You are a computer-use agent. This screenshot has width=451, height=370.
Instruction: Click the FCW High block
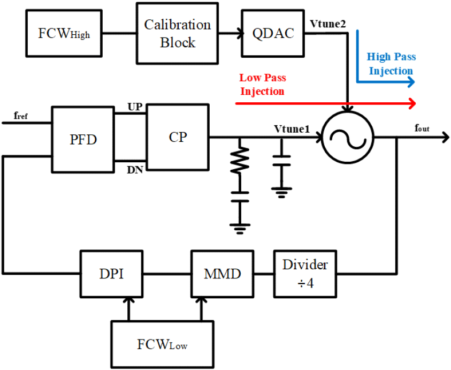64,33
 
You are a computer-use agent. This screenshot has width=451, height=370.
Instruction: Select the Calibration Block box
177,33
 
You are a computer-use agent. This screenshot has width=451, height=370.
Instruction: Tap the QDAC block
273,33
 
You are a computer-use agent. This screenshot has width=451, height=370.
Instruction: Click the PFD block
83,140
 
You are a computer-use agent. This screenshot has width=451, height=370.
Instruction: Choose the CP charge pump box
178,137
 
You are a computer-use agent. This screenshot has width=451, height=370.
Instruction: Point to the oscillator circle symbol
347,137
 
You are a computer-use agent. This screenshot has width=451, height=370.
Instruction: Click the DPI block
112,274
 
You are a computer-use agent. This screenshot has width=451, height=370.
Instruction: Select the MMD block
223,274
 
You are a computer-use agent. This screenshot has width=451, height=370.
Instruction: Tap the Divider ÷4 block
305,274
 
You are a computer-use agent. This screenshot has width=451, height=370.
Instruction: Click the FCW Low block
162,345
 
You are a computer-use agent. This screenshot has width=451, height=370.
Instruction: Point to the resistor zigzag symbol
240,160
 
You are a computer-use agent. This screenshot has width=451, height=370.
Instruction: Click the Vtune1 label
292,129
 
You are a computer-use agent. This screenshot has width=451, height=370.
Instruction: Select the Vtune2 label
327,24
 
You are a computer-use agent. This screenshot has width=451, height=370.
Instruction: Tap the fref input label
21,116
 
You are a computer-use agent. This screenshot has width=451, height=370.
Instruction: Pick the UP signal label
135,107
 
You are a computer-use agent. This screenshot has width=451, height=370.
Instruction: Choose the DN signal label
135,170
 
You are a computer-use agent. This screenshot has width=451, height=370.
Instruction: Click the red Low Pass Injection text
262,85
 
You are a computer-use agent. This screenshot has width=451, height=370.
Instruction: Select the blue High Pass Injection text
391,64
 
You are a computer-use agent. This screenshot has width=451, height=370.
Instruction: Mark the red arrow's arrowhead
412,103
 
